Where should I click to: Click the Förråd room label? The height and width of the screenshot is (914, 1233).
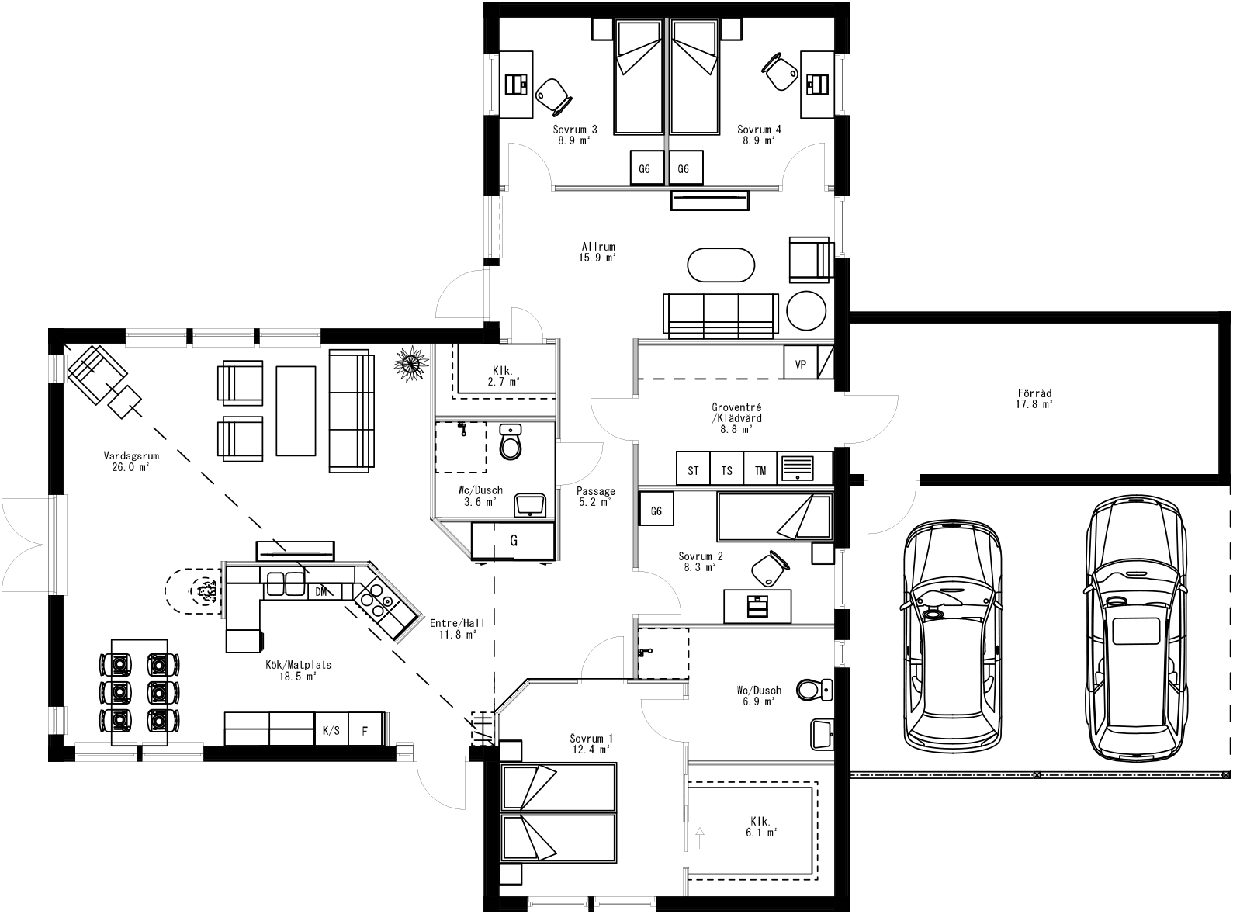(x=1034, y=398)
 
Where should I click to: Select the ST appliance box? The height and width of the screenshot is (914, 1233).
(x=693, y=470)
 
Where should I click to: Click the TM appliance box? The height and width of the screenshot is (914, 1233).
(x=760, y=470)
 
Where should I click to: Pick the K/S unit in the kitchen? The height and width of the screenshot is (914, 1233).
(x=331, y=730)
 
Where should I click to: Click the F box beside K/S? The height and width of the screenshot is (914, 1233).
(x=365, y=730)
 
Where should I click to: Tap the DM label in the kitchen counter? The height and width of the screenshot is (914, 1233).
(x=320, y=592)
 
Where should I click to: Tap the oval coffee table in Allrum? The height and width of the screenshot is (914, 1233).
(x=721, y=265)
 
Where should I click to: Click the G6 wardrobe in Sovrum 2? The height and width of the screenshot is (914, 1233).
(x=656, y=511)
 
